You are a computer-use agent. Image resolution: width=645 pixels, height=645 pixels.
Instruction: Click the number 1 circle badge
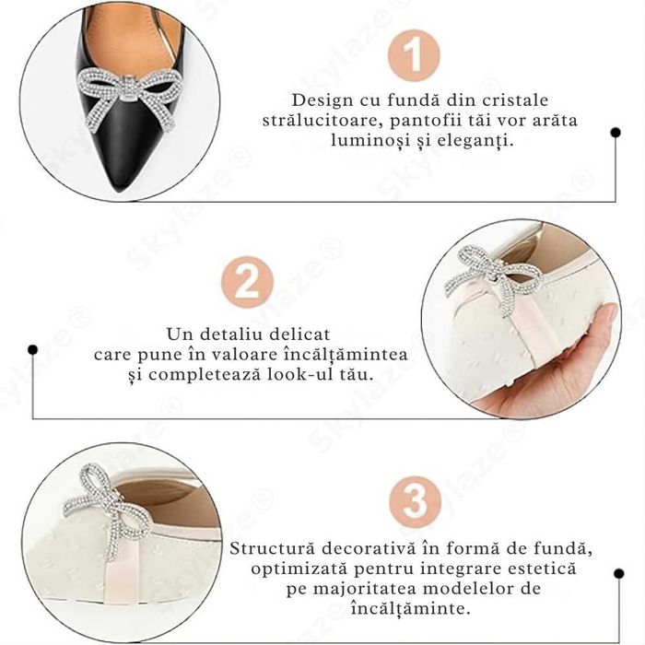click(415, 55)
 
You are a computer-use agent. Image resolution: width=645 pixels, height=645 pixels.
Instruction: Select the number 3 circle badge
click(416, 501)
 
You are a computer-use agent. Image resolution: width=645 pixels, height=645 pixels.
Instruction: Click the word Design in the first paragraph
click(322, 100)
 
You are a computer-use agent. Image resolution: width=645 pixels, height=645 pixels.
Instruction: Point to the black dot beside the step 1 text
click(616, 132)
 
